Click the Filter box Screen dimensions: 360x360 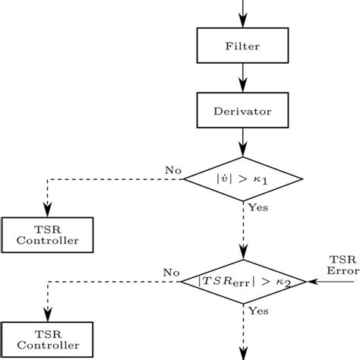click(x=242, y=46)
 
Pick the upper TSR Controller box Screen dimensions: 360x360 click(x=47, y=235)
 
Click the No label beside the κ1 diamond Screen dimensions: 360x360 click(x=172, y=171)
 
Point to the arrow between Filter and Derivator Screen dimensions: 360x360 click(x=242, y=77)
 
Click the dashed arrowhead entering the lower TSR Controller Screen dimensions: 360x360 click(x=47, y=316)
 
